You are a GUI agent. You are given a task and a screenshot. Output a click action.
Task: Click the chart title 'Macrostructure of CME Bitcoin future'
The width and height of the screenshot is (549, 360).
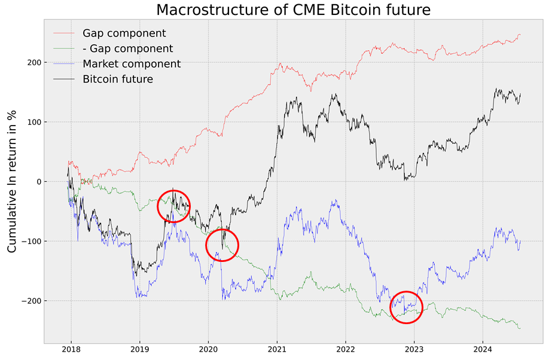(294, 10)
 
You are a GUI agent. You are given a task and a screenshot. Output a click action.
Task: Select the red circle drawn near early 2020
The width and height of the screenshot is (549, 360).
(222, 245)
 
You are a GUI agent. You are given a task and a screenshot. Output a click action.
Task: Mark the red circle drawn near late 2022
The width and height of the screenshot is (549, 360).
(406, 307)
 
